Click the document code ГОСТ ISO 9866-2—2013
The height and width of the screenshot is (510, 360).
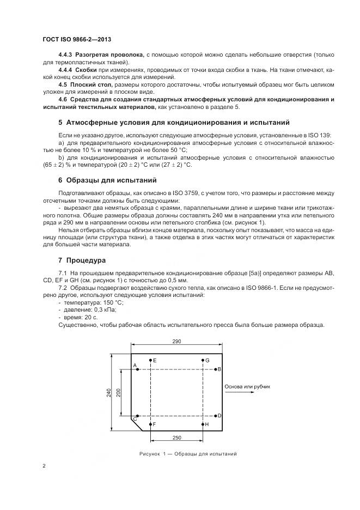[x=76, y=40]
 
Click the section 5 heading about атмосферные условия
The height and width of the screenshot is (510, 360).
[x=174, y=122]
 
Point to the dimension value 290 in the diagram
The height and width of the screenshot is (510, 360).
[x=177, y=341]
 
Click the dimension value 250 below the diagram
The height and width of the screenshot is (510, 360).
[x=177, y=438]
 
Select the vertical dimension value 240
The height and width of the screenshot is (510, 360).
[x=109, y=392]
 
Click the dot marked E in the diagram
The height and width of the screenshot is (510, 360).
[x=150, y=361]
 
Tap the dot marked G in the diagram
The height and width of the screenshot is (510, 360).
[x=203, y=361]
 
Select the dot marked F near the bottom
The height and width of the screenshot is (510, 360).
[x=150, y=424]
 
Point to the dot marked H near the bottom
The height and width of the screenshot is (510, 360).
[x=203, y=424]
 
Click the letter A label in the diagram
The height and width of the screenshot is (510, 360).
[x=133, y=366]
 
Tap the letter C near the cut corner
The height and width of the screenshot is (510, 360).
[x=135, y=418]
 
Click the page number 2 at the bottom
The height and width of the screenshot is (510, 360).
[x=44, y=466]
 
